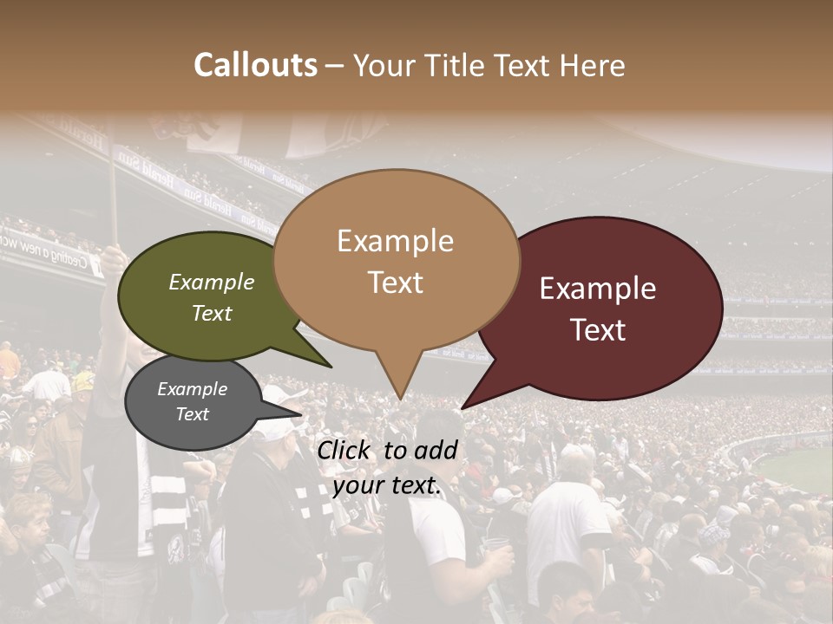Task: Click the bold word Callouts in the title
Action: pos(255,65)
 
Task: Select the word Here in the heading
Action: pos(592,65)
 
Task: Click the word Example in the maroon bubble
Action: pos(598,289)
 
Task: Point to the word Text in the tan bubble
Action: pos(396,283)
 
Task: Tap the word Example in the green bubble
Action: pos(212,282)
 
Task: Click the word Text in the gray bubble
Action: pos(193,414)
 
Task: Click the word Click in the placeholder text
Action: pos(345,450)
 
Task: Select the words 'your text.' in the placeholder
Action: pos(387,485)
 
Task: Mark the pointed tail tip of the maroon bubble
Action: pos(462,407)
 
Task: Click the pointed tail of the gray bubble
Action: pos(299,414)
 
